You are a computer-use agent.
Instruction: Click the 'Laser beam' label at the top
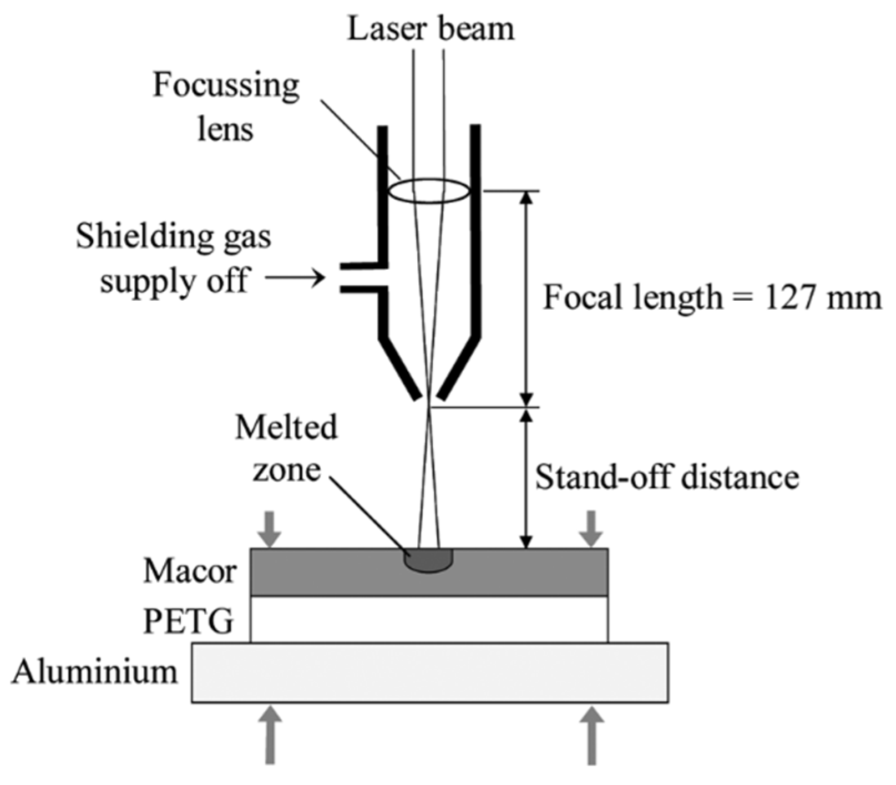click(x=431, y=29)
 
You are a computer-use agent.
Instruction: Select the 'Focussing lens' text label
click(x=226, y=108)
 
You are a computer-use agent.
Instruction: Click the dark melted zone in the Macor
click(x=428, y=560)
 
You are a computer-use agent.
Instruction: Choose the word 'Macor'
click(x=190, y=571)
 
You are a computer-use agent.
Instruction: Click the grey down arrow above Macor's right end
click(x=591, y=529)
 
